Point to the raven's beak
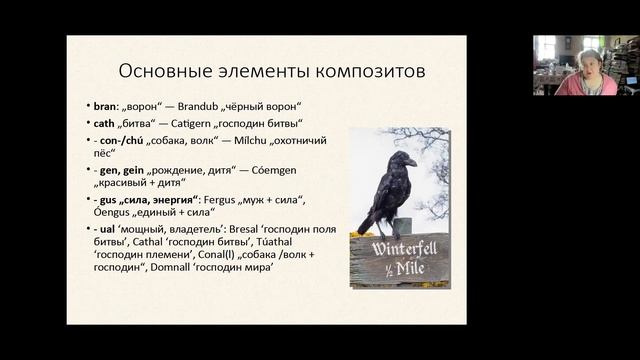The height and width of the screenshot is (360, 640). click(410, 163)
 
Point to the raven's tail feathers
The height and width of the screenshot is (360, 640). click(367, 226)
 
